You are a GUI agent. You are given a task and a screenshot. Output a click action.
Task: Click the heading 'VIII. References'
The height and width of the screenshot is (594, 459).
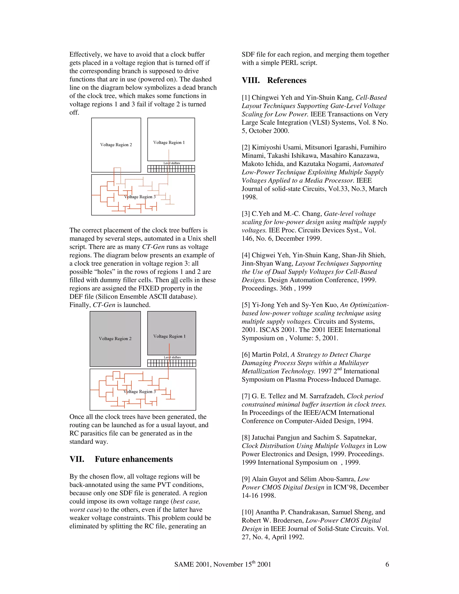274,80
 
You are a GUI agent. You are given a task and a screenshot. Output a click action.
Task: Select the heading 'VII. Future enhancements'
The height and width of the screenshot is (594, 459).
121,459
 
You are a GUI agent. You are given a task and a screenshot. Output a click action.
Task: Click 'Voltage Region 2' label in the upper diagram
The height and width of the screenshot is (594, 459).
116,145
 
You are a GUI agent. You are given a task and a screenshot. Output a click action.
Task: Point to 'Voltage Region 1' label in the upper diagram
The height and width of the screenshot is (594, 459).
169,143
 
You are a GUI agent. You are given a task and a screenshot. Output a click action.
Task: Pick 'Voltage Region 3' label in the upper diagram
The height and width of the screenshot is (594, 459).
140,197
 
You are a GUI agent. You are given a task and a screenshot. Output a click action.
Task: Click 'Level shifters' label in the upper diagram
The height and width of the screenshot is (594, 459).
172,163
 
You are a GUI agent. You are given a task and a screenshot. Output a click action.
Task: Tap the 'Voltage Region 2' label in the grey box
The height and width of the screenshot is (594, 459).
115,339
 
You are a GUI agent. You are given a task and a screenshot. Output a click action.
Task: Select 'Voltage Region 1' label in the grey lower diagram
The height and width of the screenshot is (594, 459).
169,336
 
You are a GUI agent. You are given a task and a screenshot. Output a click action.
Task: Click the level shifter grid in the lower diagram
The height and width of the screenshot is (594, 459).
172,363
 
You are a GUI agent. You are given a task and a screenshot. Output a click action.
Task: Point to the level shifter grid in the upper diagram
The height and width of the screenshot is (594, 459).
171,169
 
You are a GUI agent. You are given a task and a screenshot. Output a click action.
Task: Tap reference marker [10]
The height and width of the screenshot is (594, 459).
247,512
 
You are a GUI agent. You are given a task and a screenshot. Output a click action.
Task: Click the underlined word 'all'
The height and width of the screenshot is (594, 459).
174,280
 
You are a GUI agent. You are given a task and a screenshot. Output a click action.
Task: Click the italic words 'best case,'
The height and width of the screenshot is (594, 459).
186,501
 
